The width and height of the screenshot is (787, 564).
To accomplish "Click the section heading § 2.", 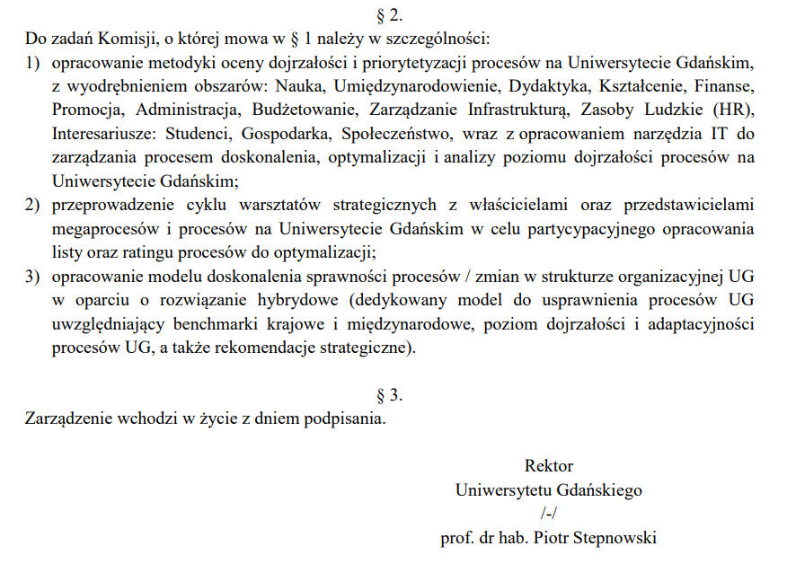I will [393, 13].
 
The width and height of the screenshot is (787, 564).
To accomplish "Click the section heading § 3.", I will [393, 393].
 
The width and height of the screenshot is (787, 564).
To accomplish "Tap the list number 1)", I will [33, 66].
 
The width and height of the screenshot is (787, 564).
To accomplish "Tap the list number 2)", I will [33, 206].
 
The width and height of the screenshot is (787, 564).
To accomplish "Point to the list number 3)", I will [33, 276].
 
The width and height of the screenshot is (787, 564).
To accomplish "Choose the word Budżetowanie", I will [293, 111].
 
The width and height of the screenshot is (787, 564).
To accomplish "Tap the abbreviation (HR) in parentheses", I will [734, 111].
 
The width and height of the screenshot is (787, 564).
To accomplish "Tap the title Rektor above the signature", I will [548, 466].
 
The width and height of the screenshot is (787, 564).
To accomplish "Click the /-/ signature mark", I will [549, 514].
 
